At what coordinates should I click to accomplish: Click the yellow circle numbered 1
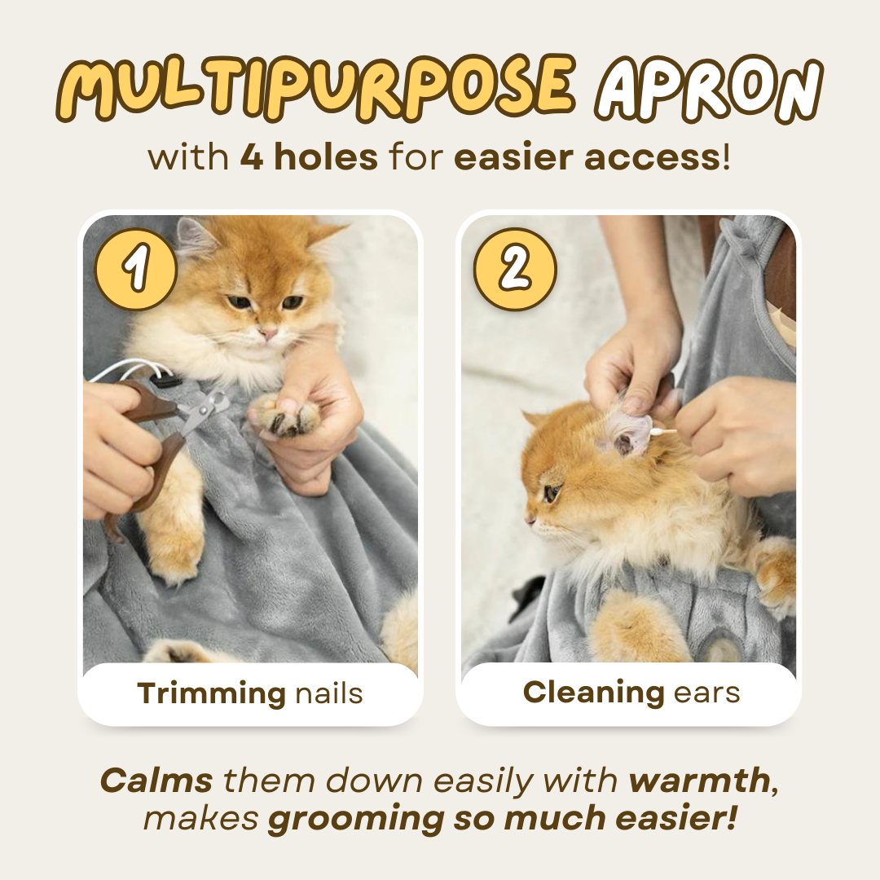[x=136, y=269]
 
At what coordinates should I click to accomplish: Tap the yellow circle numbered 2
[x=514, y=269]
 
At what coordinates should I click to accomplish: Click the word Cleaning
[x=593, y=692]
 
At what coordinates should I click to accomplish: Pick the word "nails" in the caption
[x=328, y=693]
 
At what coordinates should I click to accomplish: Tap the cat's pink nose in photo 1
[x=268, y=333]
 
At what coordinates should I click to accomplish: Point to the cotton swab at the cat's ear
[x=662, y=432]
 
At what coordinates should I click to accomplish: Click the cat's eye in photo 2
[x=552, y=492]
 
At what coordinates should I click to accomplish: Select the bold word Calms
[x=156, y=781]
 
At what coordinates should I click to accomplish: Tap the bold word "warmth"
[x=699, y=781]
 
